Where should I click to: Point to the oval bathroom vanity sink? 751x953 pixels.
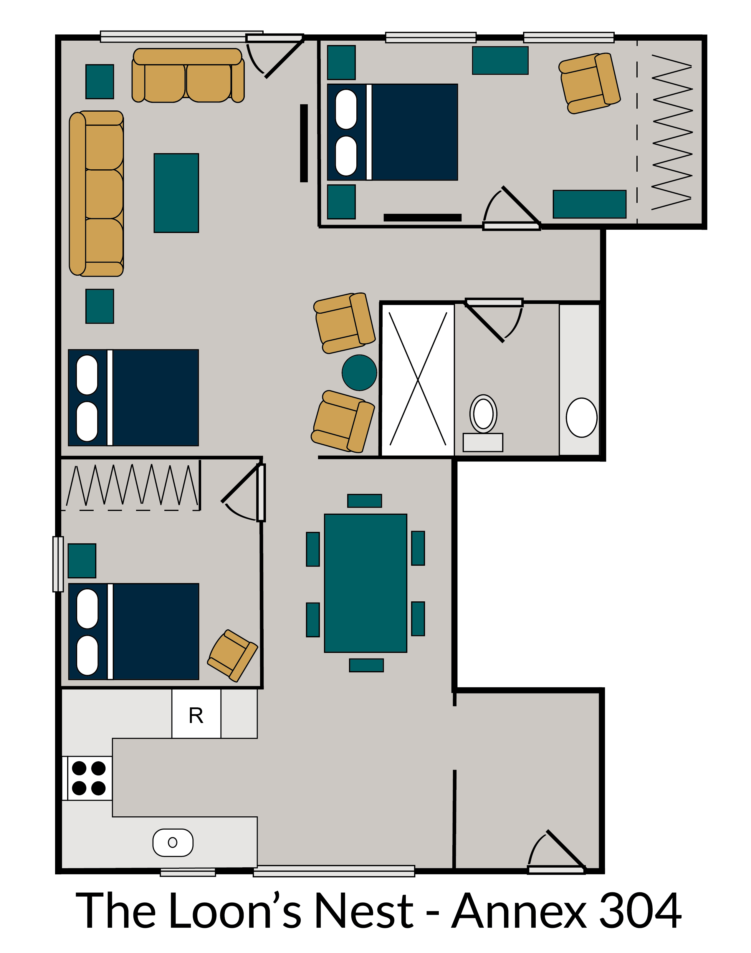581,417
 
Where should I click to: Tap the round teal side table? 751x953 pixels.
359,372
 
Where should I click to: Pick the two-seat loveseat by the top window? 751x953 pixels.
188,76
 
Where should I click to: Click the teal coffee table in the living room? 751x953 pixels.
176,193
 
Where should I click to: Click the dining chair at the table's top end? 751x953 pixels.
365,501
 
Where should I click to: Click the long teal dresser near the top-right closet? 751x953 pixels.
589,204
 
